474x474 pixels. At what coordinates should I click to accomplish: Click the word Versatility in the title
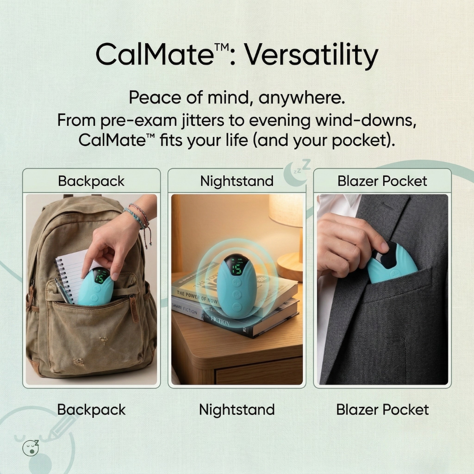[x=311, y=56]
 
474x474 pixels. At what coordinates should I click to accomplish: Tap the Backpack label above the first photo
[x=91, y=181]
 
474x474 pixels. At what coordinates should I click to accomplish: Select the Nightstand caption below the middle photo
[x=237, y=410]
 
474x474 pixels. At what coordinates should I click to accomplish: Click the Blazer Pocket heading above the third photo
[x=382, y=181]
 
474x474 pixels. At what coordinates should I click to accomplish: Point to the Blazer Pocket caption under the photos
[x=382, y=410]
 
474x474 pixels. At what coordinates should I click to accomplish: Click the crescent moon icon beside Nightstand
[x=293, y=176]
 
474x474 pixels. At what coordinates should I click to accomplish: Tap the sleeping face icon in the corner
[x=31, y=447]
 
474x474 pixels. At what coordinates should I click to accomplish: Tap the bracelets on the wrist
[x=138, y=215]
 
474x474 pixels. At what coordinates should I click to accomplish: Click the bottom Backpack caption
[x=91, y=410]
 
